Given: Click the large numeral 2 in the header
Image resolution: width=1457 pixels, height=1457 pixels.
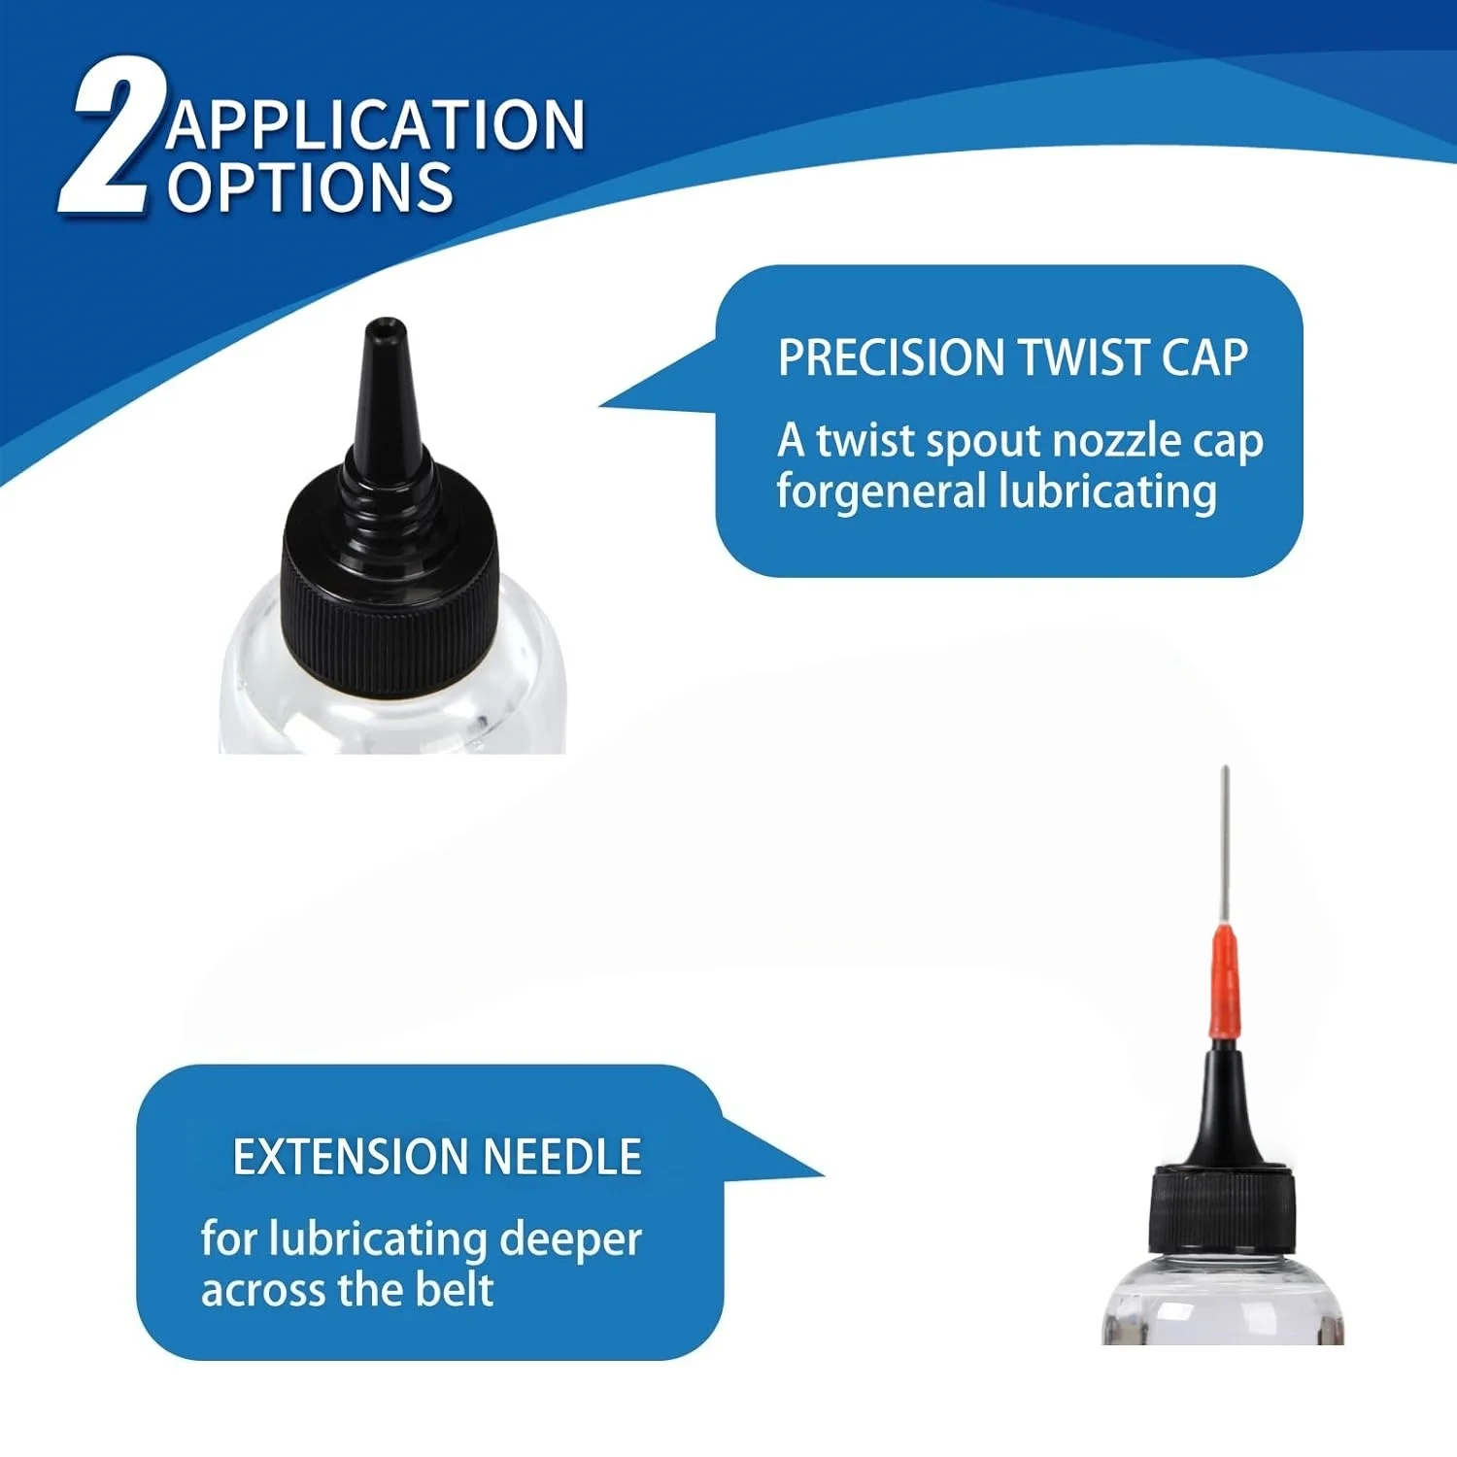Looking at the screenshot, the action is tap(110, 136).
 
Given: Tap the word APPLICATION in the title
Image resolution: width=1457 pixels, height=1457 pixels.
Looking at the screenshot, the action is tap(376, 124).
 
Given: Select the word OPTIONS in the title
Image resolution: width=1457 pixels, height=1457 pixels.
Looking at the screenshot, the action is tap(311, 187).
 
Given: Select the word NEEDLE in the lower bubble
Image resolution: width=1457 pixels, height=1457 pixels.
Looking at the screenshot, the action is tap(562, 1157).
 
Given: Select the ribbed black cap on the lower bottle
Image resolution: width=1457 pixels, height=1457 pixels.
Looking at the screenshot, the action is tap(1222, 1209).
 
